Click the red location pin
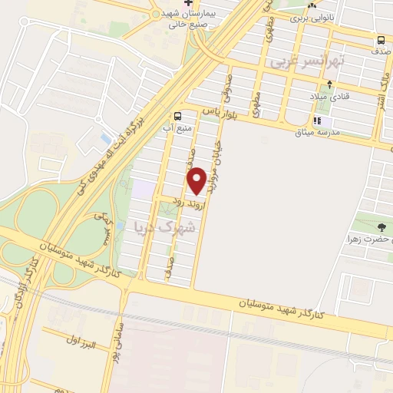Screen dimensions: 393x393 point(196,180)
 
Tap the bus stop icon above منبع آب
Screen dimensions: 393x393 point(178,117)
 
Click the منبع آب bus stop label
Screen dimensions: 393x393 point(177,128)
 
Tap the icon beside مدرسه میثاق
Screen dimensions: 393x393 point(316,121)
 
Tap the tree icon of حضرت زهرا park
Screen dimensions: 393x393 point(382,226)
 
